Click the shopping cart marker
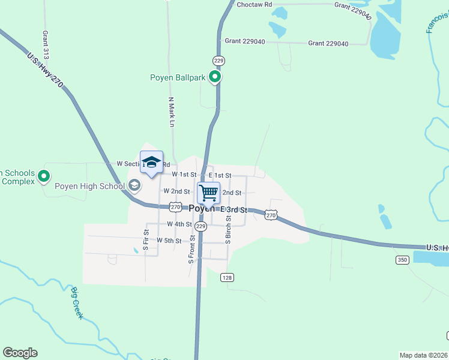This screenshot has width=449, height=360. pyautogui.click(x=208, y=193)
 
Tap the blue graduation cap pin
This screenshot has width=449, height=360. pyautogui.click(x=151, y=163)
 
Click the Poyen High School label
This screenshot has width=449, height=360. pyautogui.click(x=89, y=186)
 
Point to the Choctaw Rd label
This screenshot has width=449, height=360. pyautogui.click(x=254, y=4)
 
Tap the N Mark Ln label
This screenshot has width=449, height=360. pyautogui.click(x=171, y=112)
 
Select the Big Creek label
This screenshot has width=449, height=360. pyautogui.click(x=76, y=303)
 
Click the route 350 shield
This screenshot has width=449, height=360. pyautogui.click(x=402, y=260)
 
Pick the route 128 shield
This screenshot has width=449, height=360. pyautogui.click(x=226, y=277)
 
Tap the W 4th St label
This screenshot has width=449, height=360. pyautogui.click(x=179, y=224)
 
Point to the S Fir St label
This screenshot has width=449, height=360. pyautogui.click(x=146, y=239)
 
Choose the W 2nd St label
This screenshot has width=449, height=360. pyautogui.click(x=176, y=191)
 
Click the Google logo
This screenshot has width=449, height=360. pyautogui.click(x=20, y=353)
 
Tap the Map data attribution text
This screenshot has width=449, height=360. pyautogui.click(x=423, y=355)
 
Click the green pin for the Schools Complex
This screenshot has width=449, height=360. pyautogui.click(x=43, y=176)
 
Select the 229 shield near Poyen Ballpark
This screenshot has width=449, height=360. pyautogui.click(x=218, y=61)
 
